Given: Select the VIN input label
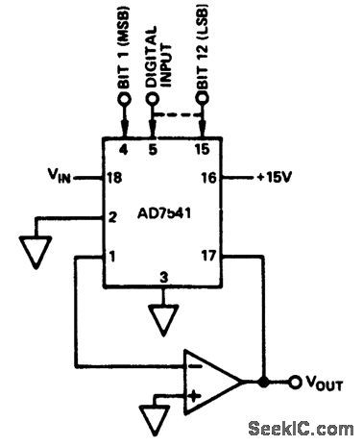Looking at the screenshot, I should pyautogui.click(x=61, y=177).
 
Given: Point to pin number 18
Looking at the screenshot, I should pyautogui.click(x=115, y=177).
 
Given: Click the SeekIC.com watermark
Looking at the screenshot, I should pyautogui.click(x=302, y=428).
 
